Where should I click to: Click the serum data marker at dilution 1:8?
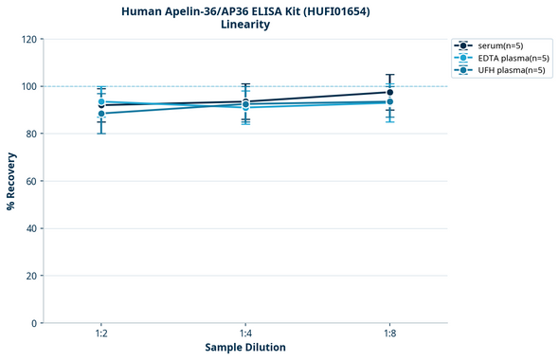(x=390, y=93)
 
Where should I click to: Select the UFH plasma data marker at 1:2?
(x=101, y=114)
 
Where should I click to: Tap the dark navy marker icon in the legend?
(x=462, y=45)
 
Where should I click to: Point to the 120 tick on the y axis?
(x=29, y=39)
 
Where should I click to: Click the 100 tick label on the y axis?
(x=29, y=86)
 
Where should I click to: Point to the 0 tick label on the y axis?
(x=35, y=323)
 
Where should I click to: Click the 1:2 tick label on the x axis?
(x=101, y=334)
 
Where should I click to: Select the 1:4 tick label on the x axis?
(x=245, y=334)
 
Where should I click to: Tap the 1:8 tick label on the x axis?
(x=390, y=334)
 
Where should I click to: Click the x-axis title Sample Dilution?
(x=245, y=348)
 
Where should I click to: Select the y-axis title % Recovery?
(x=11, y=181)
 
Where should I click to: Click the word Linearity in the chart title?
(x=245, y=25)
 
